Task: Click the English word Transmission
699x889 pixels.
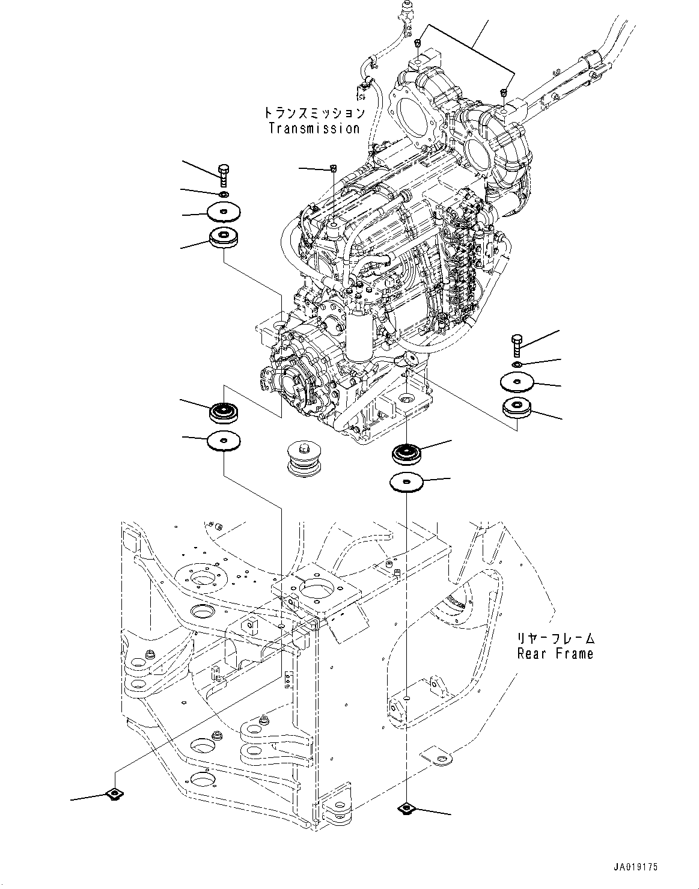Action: [x=314, y=128]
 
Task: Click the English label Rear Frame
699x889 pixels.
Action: [x=555, y=653]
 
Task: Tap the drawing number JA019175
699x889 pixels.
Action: [x=636, y=867]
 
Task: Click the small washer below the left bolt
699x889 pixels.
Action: [x=224, y=194]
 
